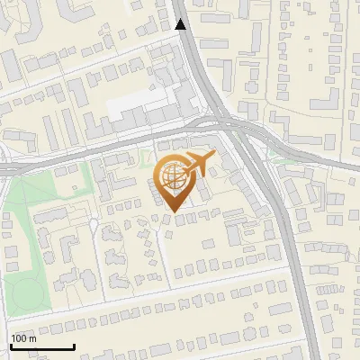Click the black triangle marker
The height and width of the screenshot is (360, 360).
[181, 24]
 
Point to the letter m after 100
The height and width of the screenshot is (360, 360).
[32, 338]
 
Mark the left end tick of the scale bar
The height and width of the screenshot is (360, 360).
[11, 345]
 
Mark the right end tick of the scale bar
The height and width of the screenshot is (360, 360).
[74, 345]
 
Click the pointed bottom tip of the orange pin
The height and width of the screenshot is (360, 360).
[172, 212]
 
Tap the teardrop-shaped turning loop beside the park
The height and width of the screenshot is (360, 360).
[93, 224]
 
